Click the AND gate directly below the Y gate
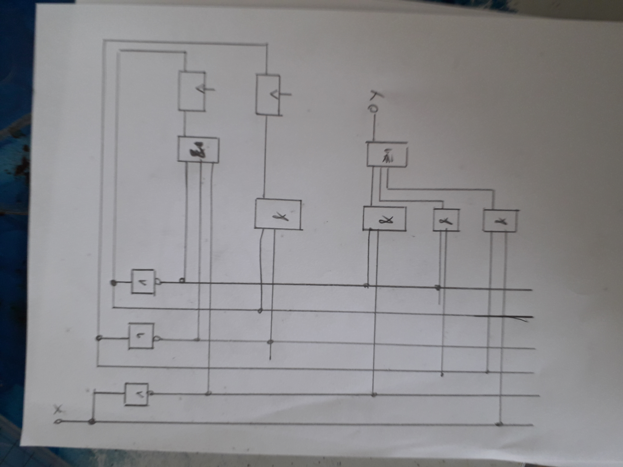[x=384, y=219]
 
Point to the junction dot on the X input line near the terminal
[x=91, y=421]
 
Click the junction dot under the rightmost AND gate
[x=499, y=424]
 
